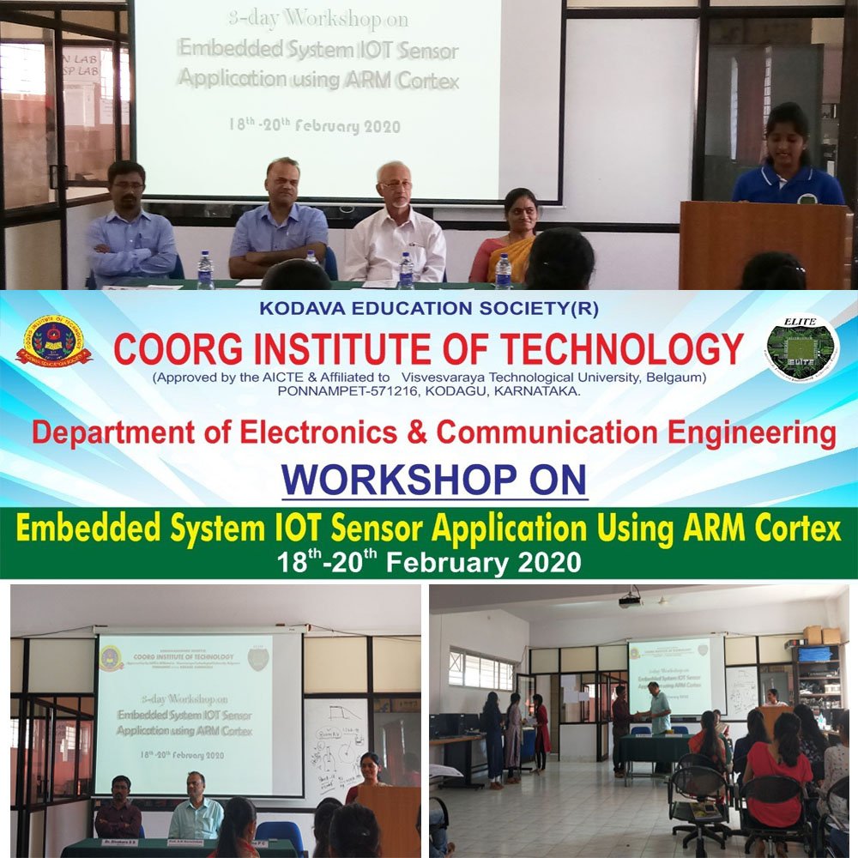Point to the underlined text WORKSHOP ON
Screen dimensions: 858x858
pos(434,480)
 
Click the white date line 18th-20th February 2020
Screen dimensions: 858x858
pos(429,563)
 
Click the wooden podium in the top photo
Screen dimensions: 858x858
pos(764,245)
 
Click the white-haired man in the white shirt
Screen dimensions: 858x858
pos(395,227)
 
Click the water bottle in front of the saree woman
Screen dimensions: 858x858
pos(503,271)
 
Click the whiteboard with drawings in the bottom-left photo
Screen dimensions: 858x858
pos(335,738)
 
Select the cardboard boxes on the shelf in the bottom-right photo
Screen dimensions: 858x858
pos(821,635)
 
